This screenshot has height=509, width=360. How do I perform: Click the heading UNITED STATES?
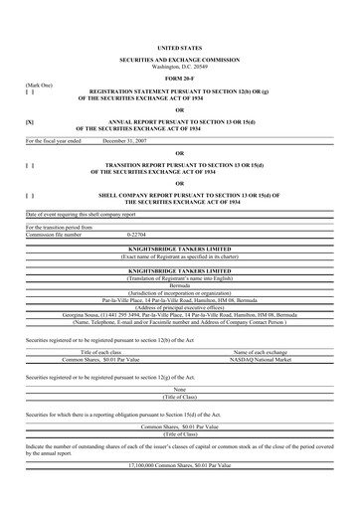click(179, 47)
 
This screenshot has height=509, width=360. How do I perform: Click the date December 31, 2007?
click(128, 141)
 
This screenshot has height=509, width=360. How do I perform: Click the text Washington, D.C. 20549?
click(179, 66)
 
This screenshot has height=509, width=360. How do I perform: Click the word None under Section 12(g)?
click(179, 389)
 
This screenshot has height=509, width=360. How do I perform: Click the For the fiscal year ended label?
click(56, 141)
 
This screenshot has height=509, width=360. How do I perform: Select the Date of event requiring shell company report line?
click(85, 215)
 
